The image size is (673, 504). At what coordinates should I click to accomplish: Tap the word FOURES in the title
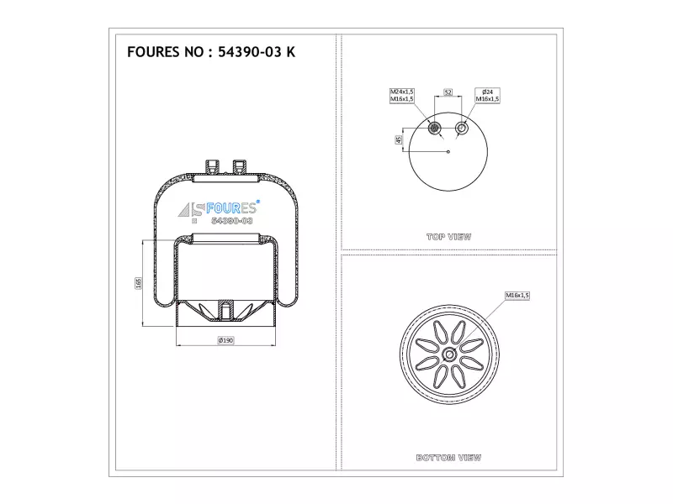[x=154, y=52]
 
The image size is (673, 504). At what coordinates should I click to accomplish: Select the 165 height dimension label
[x=138, y=283]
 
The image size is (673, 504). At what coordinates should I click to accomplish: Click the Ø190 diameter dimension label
[x=225, y=340]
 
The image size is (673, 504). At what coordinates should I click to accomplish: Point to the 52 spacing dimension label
[x=448, y=92]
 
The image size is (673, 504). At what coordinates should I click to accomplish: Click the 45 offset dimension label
[x=399, y=139]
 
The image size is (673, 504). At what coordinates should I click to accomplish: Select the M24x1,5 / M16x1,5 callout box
[x=402, y=95]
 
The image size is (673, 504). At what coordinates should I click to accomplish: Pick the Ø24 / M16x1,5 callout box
[x=487, y=95]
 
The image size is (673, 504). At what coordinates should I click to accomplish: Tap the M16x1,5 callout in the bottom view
[x=517, y=296]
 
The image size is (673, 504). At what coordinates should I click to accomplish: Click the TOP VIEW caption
[x=448, y=237]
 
